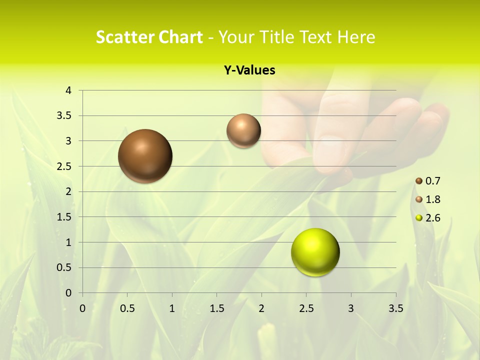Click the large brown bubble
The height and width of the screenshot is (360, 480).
click(x=145, y=156)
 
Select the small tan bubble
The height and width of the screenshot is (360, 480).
click(x=243, y=130)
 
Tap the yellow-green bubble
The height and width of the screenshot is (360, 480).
click(x=315, y=252)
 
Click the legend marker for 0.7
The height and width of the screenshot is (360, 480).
click(x=419, y=180)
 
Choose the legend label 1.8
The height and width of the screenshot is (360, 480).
click(x=433, y=199)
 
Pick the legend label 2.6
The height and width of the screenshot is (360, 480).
click(x=433, y=218)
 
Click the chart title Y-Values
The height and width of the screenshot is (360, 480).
click(x=249, y=70)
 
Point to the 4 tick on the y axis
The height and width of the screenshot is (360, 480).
click(x=68, y=90)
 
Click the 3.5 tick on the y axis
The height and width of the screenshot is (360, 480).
click(x=64, y=115)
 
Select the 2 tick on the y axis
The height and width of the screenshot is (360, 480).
click(x=68, y=191)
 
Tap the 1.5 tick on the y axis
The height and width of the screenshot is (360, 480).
click(x=64, y=217)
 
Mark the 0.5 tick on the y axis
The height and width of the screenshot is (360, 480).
click(x=64, y=267)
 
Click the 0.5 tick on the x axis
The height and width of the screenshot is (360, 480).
click(x=127, y=308)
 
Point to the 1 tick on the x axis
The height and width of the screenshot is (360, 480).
click(x=172, y=308)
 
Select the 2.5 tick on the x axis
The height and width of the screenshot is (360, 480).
click(x=306, y=308)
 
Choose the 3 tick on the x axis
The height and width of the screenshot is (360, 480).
click(x=351, y=308)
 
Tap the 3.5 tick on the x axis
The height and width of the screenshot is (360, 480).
click(x=395, y=308)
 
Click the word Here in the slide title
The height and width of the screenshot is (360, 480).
click(x=355, y=37)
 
